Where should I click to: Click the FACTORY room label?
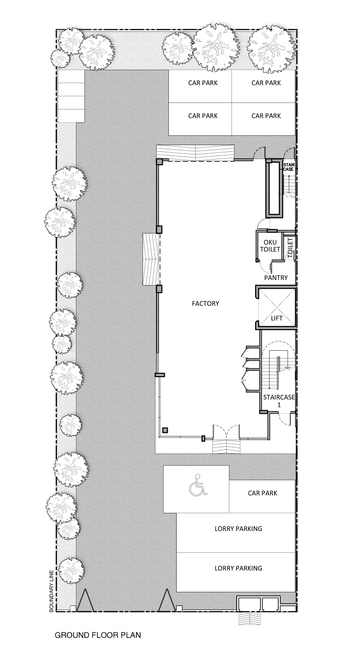coord(206,303)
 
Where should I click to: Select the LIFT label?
coord(276,318)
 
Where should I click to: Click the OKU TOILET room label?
coord(270,246)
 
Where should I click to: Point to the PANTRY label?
coord(276,277)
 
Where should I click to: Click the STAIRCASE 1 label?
coord(279,401)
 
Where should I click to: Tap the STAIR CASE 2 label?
coord(289,167)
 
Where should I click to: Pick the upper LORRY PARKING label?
coord(239,528)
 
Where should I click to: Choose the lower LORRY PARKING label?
coord(239,568)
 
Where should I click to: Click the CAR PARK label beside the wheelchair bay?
coord(262,493)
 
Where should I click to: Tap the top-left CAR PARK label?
coord(203,83)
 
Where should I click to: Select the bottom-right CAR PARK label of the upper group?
coord(266,116)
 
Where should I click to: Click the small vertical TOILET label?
coord(290,248)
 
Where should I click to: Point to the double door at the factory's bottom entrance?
coord(226,433)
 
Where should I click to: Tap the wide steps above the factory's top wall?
coord(195,152)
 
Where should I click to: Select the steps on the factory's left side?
coord(151,259)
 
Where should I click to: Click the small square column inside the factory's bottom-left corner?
coord(165,430)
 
